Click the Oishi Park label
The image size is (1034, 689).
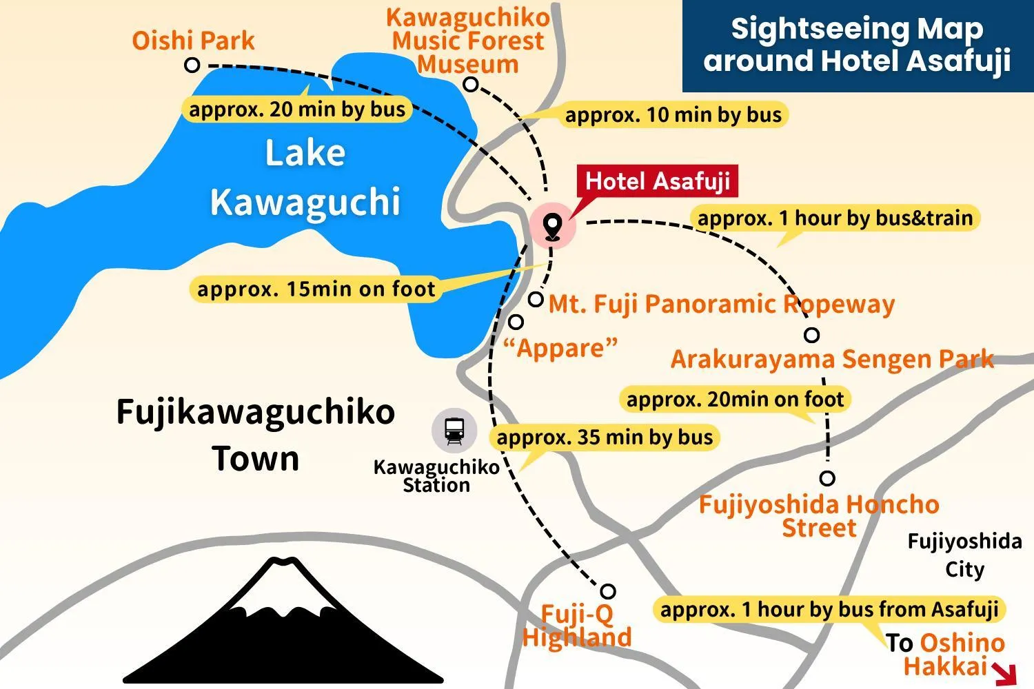pos(193,41)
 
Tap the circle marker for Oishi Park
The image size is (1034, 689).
pos(192,65)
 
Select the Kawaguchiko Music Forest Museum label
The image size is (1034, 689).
pos(468,41)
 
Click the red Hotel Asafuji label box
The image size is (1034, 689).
pos(657,181)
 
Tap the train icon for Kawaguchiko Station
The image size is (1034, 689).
pos(454,430)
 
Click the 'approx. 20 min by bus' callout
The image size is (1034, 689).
pos(297,110)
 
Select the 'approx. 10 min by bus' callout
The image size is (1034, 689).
pos(673,114)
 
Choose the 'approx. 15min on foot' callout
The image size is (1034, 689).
pos(316,289)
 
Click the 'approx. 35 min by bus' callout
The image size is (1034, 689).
pos(605,438)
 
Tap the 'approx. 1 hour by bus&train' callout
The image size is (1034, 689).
pos(835,218)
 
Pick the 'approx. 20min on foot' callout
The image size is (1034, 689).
pos(735,399)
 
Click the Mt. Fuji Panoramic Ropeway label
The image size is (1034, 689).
pos(721,304)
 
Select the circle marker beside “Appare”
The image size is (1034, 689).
pos(516,322)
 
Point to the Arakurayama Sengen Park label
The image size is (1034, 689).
pos(832,359)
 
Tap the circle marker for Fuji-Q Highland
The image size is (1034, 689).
pos(608,591)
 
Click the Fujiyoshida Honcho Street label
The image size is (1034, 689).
pos(819,516)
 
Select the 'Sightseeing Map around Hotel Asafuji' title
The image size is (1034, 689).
pos(857,45)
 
